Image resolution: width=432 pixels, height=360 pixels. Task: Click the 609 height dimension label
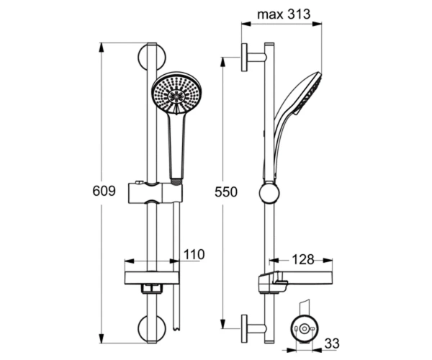coord(104,191)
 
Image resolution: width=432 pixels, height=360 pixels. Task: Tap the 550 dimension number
coord(226,192)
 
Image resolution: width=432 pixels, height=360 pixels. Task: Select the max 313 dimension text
coord(284,14)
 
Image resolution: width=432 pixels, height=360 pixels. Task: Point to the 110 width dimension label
coord(194,254)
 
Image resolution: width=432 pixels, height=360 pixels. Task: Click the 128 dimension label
coord(303,259)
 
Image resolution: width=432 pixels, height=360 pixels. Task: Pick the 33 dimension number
coord(332,343)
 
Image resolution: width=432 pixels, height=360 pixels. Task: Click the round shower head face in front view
coord(175,93)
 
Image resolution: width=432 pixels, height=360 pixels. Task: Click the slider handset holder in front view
coord(156,192)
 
